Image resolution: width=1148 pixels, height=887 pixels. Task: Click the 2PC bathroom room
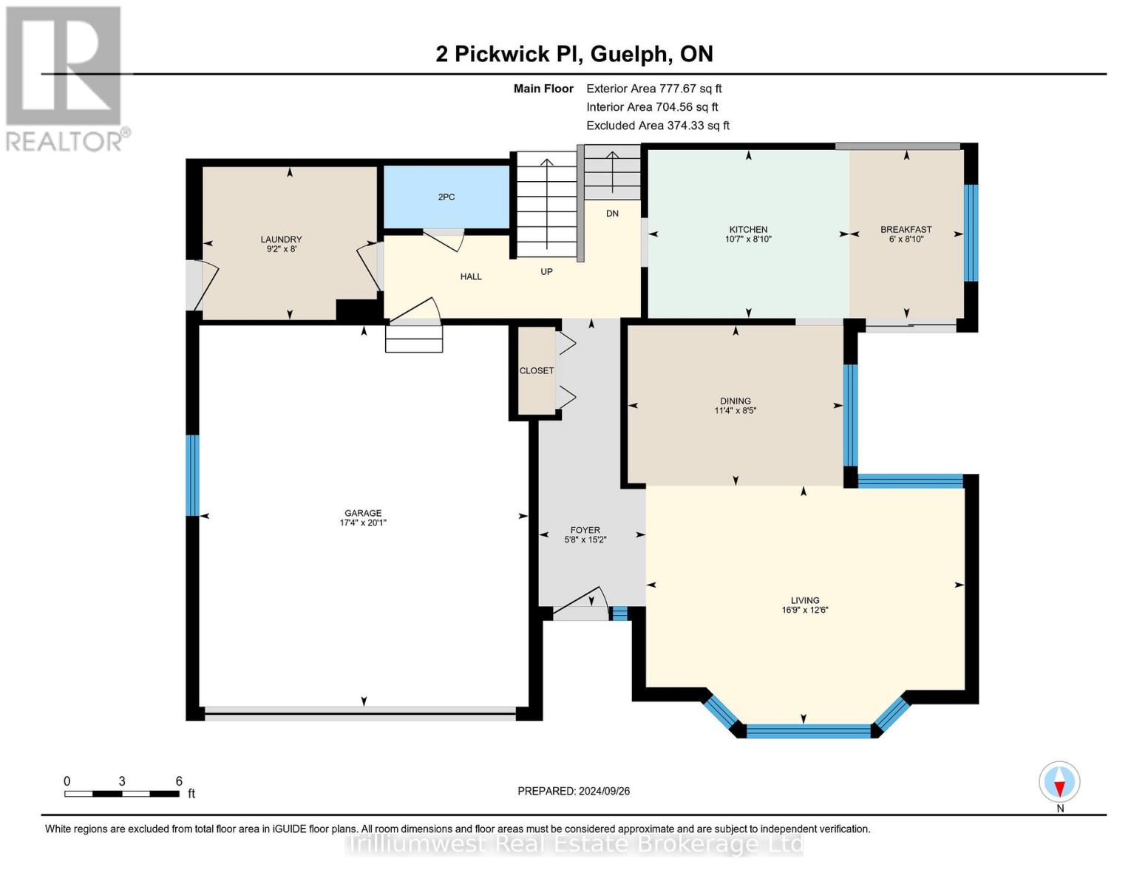446,197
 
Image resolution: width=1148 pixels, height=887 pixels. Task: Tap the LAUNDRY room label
281,239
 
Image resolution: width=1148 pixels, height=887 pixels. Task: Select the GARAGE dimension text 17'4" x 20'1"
362,523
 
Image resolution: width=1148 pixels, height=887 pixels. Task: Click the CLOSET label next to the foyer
536,370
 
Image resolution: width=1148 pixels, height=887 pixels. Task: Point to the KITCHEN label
748,230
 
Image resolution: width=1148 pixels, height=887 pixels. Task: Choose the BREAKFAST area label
906,230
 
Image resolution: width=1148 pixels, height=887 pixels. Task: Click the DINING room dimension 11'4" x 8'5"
735,410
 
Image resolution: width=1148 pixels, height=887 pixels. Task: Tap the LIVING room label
804,600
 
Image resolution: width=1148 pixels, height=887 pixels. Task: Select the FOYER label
585,530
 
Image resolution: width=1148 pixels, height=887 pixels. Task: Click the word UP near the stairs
546,271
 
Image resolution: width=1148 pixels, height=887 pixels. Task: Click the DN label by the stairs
612,214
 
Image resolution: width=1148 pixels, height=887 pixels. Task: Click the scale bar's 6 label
179,781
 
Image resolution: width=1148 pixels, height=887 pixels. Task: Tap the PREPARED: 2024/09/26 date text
574,791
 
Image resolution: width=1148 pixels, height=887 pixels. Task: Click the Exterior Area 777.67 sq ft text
653,88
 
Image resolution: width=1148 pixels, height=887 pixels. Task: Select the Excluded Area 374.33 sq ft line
657,125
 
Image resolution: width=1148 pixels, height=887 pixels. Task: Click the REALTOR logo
65,78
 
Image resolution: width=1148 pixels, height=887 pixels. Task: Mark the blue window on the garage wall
192,475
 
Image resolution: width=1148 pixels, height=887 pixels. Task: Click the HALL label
471,276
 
